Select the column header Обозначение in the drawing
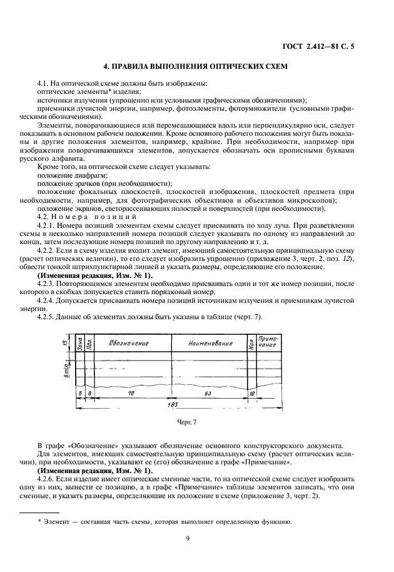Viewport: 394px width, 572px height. (x=128, y=344)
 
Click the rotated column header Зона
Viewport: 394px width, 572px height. (x=79, y=344)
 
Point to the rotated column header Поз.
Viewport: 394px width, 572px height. (x=89, y=344)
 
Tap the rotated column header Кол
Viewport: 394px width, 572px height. (x=251, y=344)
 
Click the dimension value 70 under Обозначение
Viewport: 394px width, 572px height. (x=131, y=392)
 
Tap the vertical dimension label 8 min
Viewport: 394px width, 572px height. (x=65, y=367)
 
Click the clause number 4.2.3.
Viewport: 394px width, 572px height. (x=47, y=283)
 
